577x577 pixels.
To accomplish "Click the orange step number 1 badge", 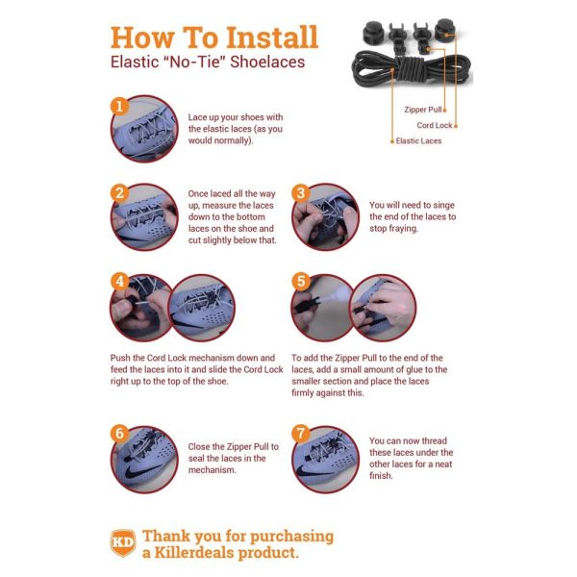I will click(119, 106).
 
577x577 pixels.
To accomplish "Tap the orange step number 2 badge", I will click(119, 193).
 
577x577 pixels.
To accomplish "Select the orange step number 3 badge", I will click(300, 193).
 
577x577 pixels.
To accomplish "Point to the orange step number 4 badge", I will click(119, 282).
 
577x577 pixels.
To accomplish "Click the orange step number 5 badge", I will click(300, 282).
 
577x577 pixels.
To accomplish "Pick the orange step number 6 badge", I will click(119, 433).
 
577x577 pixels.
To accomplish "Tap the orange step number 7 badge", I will click(300, 433).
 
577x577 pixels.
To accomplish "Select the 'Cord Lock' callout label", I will click(434, 124).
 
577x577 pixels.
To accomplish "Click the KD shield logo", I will click(121, 542).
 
